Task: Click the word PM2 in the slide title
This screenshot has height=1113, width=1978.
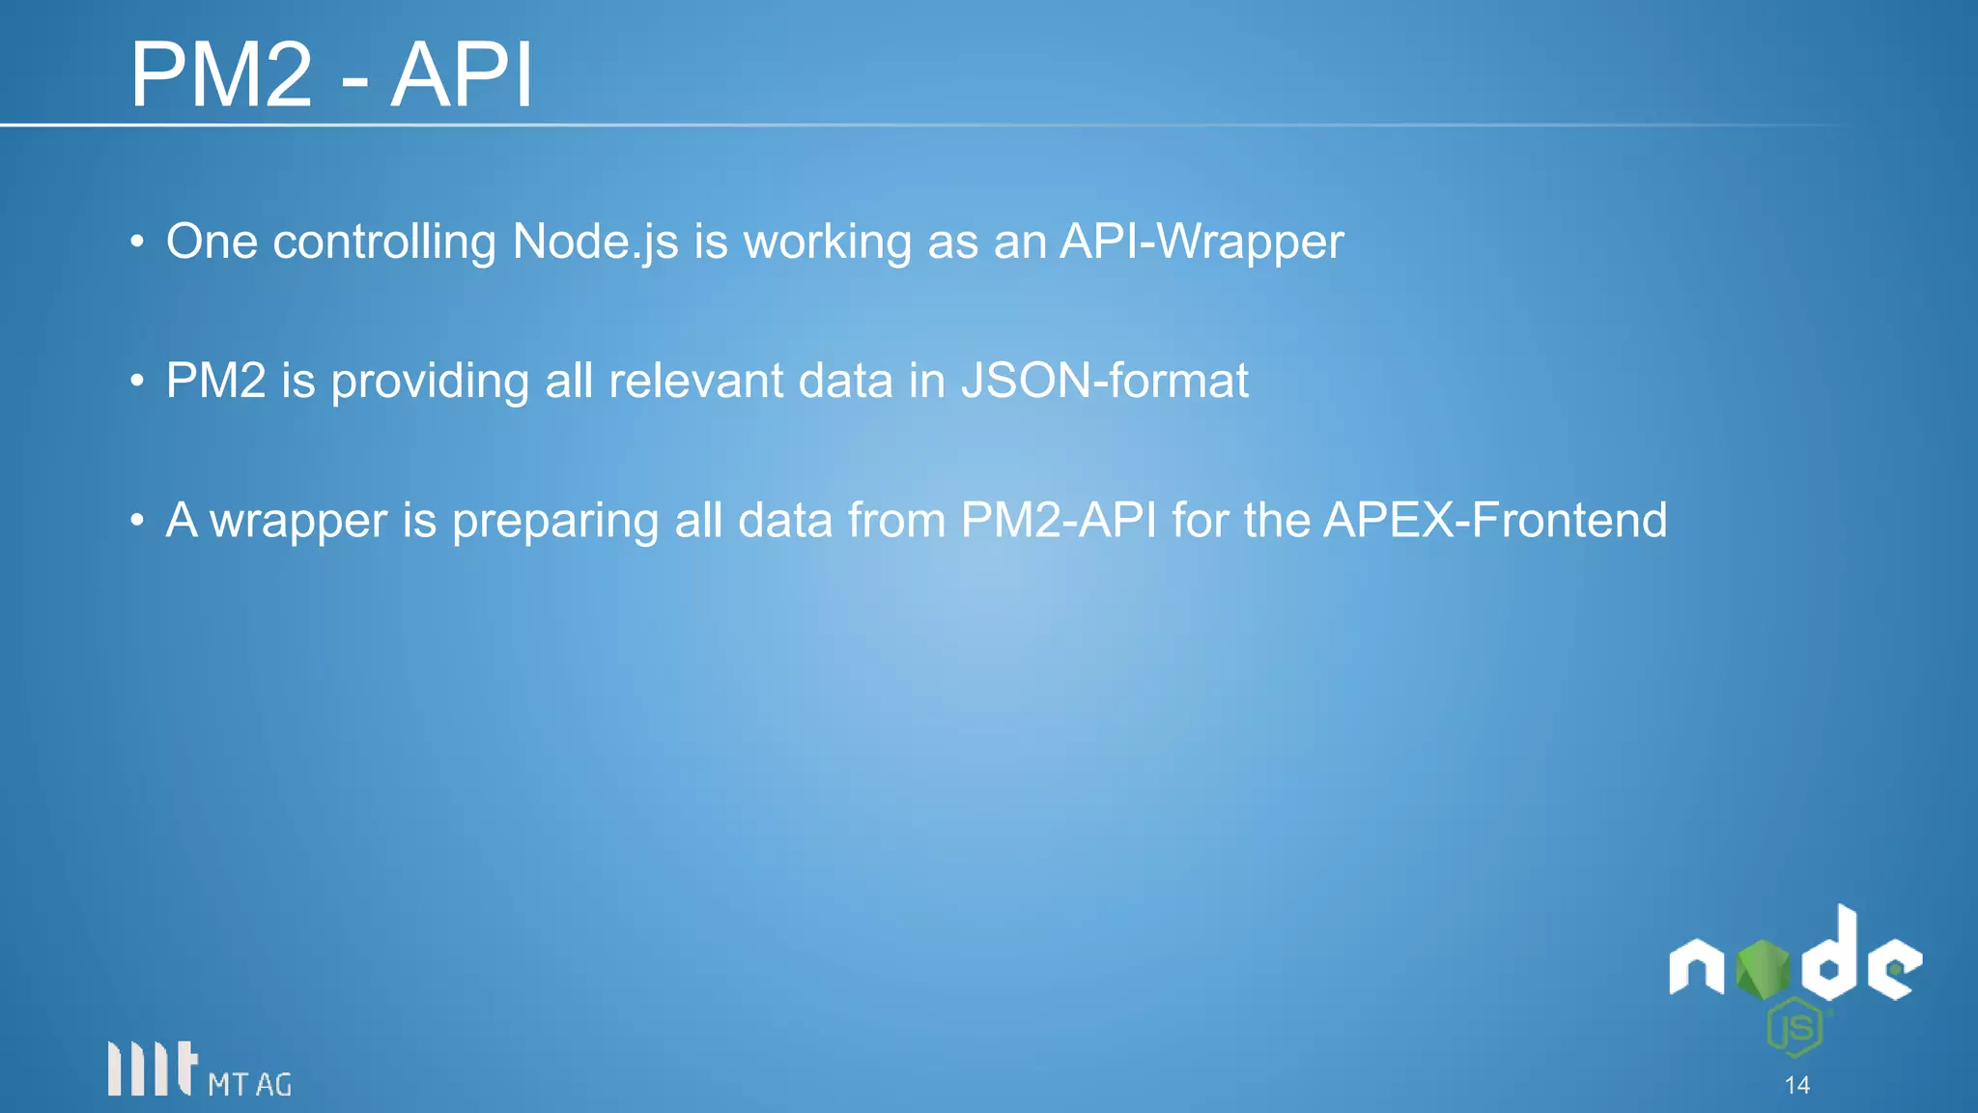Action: (222, 75)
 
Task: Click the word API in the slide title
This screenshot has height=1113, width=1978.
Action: (462, 75)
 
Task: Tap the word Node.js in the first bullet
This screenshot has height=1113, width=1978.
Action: (595, 242)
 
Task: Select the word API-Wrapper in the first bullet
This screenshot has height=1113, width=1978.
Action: (1201, 242)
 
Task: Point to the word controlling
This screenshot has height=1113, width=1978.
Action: (384, 242)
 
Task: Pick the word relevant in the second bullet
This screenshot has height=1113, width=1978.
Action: (695, 381)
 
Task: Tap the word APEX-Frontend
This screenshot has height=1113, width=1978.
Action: (1495, 520)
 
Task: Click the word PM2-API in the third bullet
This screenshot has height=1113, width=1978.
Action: (1059, 520)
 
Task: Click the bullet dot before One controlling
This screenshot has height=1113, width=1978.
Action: (138, 242)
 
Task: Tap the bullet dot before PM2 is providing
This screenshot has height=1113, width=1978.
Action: (138, 381)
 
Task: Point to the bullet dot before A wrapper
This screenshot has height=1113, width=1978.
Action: (138, 521)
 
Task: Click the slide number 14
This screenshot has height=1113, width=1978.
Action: (1796, 1085)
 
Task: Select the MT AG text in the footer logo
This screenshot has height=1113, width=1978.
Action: (249, 1085)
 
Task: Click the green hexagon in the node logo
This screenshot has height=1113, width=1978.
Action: (1763, 969)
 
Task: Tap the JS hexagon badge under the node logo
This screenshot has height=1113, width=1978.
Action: (1795, 1028)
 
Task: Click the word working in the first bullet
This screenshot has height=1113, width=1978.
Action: (827, 242)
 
